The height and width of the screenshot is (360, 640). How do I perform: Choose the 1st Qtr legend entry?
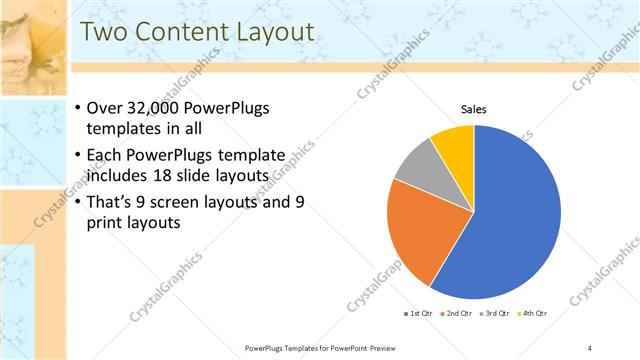pyautogui.click(x=417, y=313)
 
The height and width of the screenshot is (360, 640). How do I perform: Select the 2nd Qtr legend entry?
pyautogui.click(x=460, y=313)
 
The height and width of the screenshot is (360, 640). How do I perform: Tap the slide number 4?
pyautogui.click(x=590, y=347)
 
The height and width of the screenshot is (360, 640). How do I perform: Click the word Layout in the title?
pyautogui.click(x=270, y=32)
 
